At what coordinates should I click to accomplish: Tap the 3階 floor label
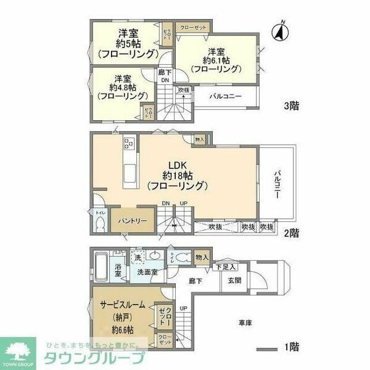(292, 105)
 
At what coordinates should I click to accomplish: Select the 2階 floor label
(292, 232)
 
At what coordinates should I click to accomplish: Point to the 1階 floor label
(292, 348)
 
